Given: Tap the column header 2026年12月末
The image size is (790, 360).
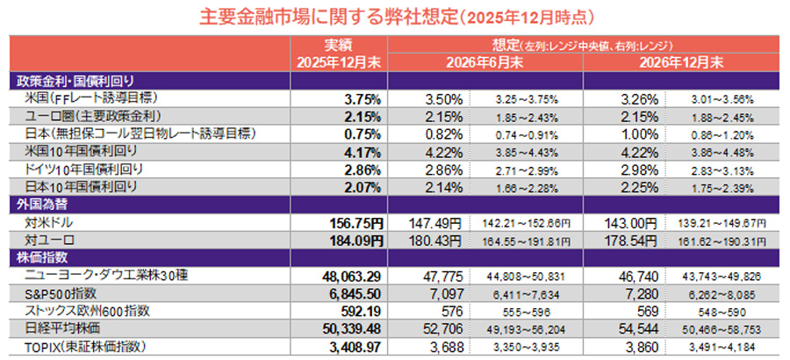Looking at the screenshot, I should (x=682, y=62).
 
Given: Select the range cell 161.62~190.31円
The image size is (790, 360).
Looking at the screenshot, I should (x=724, y=240).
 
